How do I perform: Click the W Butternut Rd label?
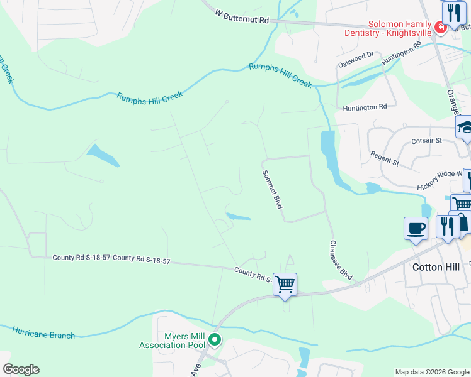pyautogui.click(x=241, y=16)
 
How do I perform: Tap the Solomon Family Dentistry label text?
pyautogui.click(x=387, y=28)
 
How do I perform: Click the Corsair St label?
pyautogui.click(x=426, y=141)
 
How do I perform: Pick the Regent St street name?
pyautogui.click(x=385, y=158)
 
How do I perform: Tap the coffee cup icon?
pyautogui.click(x=416, y=229)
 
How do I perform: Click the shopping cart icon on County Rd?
pyautogui.click(x=285, y=284)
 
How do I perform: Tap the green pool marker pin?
pyautogui.click(x=215, y=341)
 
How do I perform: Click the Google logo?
pyautogui.click(x=21, y=369)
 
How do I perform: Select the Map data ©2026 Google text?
pyautogui.click(x=431, y=372)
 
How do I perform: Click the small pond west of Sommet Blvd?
pyautogui.click(x=239, y=217)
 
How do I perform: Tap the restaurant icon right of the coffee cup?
pyautogui.click(x=448, y=227)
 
